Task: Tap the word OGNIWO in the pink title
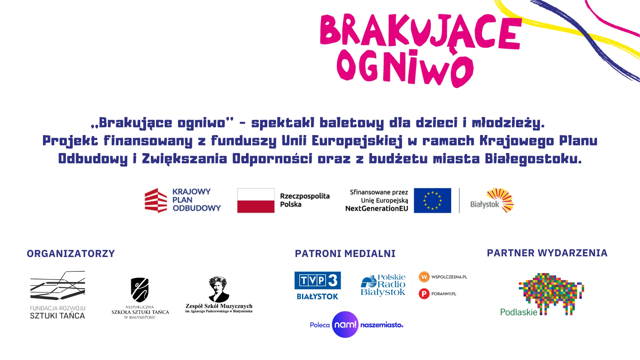[x=405, y=68]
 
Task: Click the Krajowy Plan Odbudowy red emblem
[x=156, y=200]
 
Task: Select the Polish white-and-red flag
[x=256, y=200]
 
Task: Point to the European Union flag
[x=432, y=200]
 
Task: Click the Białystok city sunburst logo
[x=500, y=200]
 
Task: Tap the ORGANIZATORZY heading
[x=71, y=254]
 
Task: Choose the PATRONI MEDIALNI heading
[x=345, y=254]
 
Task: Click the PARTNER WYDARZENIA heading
[x=547, y=253]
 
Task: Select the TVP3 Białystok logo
[x=318, y=286]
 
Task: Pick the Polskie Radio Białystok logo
[x=383, y=285]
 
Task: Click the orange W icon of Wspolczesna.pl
[x=424, y=277]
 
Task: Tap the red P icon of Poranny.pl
[x=424, y=294]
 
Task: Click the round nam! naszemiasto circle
[x=345, y=325]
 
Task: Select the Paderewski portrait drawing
[x=219, y=289]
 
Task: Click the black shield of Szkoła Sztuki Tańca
[x=140, y=290]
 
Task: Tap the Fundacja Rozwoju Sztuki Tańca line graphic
[x=58, y=285]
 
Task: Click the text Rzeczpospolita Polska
[x=305, y=200]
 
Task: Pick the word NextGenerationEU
[x=377, y=209]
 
